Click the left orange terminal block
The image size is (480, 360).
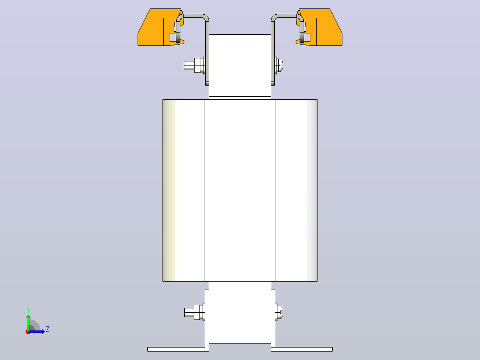[x=156, y=29]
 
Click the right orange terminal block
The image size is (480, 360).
[x=324, y=29]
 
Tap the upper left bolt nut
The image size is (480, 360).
[x=197, y=65]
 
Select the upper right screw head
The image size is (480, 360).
[x=279, y=65]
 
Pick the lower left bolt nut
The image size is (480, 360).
[x=197, y=312]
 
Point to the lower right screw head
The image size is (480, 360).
[x=279, y=312]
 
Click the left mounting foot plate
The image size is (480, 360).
[x=176, y=349]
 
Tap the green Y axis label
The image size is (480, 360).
[x=28, y=310]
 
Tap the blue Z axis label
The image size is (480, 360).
[x=48, y=329]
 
